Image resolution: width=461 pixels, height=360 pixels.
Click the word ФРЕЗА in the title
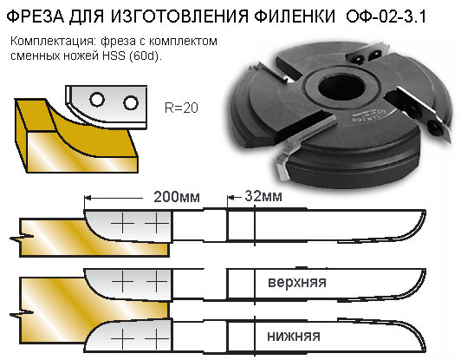click(x=36, y=16)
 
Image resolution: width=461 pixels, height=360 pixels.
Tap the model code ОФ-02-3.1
click(x=386, y=16)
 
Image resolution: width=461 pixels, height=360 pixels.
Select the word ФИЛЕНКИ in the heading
click(x=295, y=16)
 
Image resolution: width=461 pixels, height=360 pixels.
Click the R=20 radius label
click(x=181, y=108)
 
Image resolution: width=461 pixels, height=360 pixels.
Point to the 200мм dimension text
click(x=177, y=197)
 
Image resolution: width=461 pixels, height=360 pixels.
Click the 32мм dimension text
click(x=263, y=196)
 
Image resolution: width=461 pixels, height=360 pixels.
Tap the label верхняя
click(x=297, y=282)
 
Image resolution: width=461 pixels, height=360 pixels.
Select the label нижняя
click(x=294, y=336)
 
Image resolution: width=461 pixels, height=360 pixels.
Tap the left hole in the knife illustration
click(x=97, y=100)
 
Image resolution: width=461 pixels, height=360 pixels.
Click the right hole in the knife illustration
click(x=131, y=102)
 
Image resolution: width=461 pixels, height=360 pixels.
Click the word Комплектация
click(x=54, y=42)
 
